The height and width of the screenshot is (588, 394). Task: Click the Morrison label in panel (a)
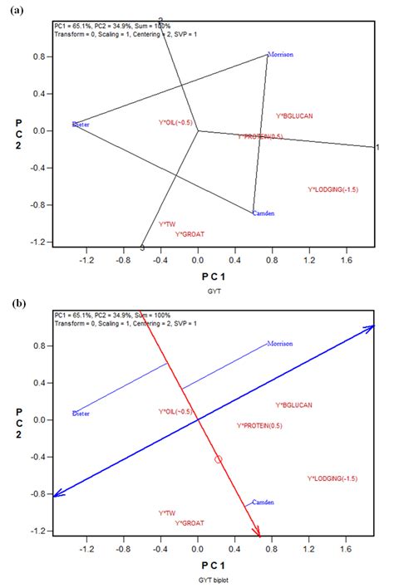tap(281, 55)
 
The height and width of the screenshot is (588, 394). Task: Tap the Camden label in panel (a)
tap(263, 213)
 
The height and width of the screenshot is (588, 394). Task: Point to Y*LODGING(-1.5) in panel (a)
tap(332, 190)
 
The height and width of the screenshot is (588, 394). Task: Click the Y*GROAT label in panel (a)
tap(190, 234)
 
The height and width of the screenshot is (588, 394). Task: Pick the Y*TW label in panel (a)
tap(167, 224)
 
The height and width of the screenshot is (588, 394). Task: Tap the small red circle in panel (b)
tap(219, 459)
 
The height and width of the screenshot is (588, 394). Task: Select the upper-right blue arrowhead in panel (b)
tap(372, 329)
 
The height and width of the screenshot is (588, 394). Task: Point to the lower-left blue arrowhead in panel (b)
tap(57, 495)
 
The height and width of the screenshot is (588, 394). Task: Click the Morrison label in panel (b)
tap(281, 344)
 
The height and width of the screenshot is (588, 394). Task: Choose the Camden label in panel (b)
tap(263, 502)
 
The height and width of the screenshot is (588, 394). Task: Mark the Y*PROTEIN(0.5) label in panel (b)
tap(260, 425)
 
